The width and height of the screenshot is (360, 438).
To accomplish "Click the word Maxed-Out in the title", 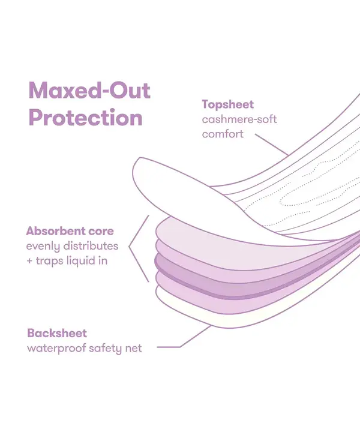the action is [x=89, y=91].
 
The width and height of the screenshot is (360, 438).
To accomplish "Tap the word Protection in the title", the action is [x=85, y=118].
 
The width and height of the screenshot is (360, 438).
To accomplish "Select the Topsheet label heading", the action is [x=227, y=105].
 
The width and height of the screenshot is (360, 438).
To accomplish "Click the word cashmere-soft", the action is [x=239, y=119].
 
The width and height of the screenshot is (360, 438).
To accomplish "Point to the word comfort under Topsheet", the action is [x=223, y=134].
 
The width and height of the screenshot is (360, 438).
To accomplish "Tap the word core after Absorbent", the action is [x=101, y=232].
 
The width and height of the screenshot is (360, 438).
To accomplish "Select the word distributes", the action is [x=91, y=246].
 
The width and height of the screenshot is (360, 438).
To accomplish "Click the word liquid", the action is [x=80, y=261].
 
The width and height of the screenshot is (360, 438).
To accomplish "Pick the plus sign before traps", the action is [x=29, y=261].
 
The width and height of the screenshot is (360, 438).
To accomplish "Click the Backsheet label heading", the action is [x=57, y=333].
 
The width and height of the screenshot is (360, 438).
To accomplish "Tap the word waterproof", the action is [x=56, y=349].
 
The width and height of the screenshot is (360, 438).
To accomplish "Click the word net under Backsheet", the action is [x=133, y=349].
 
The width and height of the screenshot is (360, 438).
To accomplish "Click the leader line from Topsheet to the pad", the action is [x=271, y=145].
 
